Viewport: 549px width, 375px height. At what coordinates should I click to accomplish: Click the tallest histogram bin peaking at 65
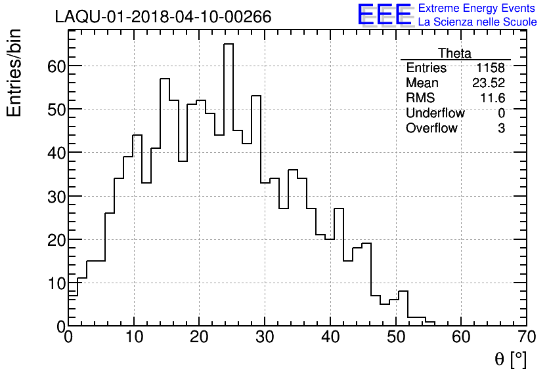coord(229,184)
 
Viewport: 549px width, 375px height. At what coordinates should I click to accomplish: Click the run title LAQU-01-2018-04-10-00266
coord(163,17)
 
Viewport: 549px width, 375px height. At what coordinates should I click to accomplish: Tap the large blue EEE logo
coord(384,14)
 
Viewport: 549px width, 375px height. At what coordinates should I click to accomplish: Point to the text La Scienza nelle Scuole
coord(477,22)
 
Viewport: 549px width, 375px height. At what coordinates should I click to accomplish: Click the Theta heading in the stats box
coord(454,53)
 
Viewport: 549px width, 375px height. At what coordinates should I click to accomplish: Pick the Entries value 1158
coord(491,68)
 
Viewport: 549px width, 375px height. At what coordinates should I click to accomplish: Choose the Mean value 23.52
coord(489,83)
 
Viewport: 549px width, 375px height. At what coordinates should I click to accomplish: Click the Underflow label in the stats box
coord(435,113)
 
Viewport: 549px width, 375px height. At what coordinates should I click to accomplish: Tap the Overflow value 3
coord(501,128)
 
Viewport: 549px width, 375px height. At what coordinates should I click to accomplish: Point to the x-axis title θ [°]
coord(510,359)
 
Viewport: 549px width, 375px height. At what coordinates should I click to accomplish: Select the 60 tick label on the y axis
coord(53,66)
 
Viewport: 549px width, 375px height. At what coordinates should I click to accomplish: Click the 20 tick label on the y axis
coord(53,239)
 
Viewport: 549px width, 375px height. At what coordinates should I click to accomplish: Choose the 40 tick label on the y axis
coord(53,152)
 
